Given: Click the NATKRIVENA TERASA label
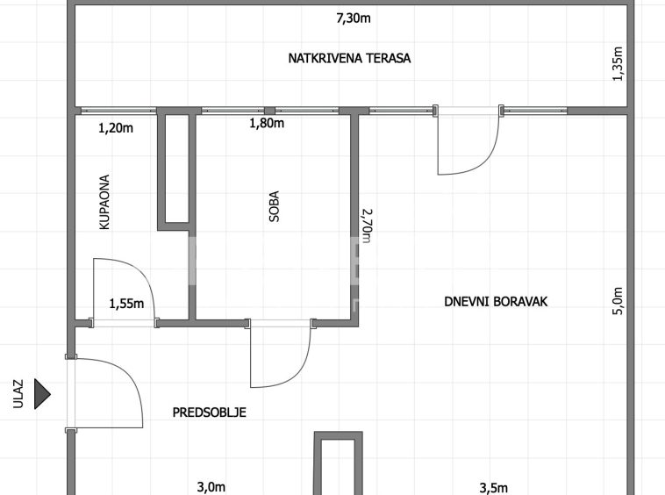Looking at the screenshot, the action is pos(349,58).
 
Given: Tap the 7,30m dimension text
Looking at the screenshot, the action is pos(354,18).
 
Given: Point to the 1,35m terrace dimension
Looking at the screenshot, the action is pos(618,63).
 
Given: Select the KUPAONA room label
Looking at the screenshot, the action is pos(104,202).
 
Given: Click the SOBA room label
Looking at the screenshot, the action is pos(275,206).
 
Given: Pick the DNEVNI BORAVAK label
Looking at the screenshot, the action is pos(496,302).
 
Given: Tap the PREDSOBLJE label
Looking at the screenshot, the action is pos(209,412).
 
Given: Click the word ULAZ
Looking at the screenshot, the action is pos(18,394).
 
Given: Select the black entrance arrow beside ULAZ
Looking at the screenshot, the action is pos(42,394).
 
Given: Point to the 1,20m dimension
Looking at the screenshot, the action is pos(116,127).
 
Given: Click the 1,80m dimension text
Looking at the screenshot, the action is pos(267,124).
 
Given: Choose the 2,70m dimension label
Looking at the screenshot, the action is pos(367,226).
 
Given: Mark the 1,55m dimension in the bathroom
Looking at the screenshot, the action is pos(127,304).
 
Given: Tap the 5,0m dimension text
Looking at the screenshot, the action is pos(618,301).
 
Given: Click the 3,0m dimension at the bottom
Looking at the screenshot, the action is pos(211,487).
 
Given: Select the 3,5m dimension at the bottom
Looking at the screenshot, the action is pos(494,488).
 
